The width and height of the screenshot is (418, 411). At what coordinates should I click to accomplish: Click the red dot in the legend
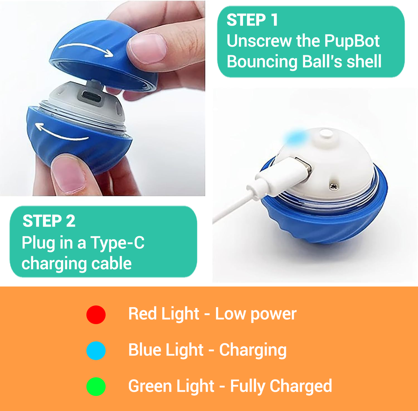point(96,314)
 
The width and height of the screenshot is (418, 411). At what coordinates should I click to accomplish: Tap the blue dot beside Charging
point(96,351)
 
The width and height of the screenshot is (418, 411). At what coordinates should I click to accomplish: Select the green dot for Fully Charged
point(96,386)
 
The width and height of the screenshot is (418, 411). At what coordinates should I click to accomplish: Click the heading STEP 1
point(252,20)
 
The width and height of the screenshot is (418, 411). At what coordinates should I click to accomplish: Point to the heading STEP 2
point(49,221)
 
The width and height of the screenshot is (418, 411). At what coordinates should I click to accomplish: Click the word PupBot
point(352,41)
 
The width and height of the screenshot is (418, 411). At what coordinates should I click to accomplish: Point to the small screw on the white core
point(334,186)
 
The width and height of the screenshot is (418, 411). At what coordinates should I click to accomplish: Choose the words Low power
point(256,314)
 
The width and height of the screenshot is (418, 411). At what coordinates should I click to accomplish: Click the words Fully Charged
point(281,386)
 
